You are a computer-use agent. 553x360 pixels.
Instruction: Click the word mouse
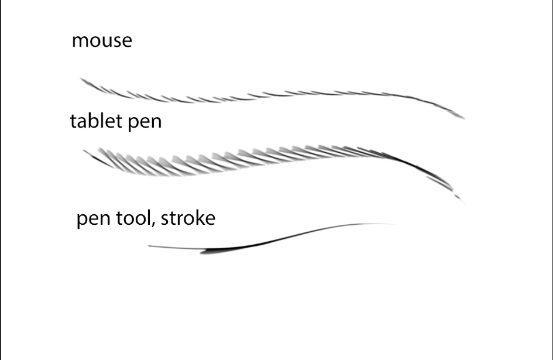click(102, 41)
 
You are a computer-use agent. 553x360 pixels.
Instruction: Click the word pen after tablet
click(145, 123)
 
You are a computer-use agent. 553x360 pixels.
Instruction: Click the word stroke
click(188, 218)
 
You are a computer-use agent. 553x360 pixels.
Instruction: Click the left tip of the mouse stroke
click(80, 78)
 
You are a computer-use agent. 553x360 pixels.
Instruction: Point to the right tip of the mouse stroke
click(465, 119)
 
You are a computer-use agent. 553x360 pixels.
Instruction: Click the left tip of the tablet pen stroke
click(84, 150)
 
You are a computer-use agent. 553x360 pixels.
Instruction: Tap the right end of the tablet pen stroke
click(464, 204)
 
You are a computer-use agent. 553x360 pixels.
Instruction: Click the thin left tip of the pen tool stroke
click(149, 246)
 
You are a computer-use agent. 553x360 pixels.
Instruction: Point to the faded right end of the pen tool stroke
click(399, 224)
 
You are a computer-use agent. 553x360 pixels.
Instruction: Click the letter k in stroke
click(198, 218)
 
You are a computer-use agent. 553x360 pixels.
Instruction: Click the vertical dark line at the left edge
click(1, 180)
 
